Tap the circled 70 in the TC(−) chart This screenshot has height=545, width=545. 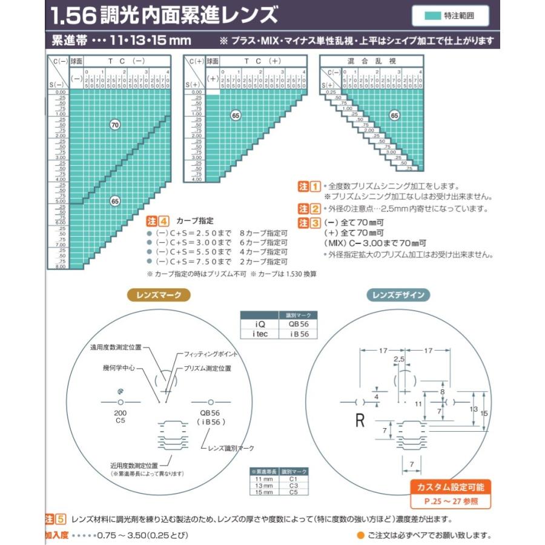[114, 125]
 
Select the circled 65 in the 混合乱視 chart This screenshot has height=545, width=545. [394, 115]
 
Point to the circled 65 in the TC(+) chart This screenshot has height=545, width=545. [236, 114]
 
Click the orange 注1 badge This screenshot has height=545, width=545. [309, 187]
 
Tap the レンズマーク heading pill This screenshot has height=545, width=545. [159, 295]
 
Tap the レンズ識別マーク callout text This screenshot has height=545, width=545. [231, 448]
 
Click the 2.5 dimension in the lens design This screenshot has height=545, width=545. [398, 360]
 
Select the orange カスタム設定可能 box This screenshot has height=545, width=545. [451, 487]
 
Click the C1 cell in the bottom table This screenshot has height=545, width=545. [293, 478]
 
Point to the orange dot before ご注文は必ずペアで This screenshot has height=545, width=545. [360, 535]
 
